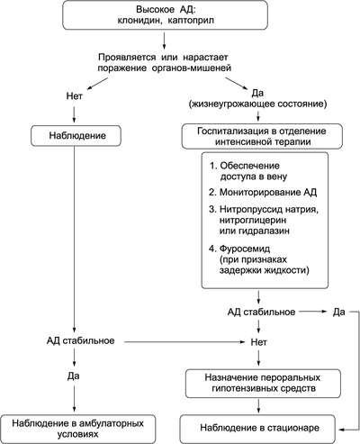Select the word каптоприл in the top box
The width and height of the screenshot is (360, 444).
(191, 21)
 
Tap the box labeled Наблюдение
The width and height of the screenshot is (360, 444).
(76, 135)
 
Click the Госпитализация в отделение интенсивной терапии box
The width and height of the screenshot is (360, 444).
(262, 136)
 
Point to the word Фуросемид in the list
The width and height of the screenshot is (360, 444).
(245, 249)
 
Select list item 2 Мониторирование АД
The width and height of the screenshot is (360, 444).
(263, 192)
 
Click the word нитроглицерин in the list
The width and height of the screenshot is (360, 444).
(253, 220)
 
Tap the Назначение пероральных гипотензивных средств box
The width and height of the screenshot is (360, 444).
(263, 384)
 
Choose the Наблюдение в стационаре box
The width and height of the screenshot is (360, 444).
(257, 428)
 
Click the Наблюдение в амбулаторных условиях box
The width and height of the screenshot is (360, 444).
(77, 429)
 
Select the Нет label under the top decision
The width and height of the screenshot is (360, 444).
(74, 96)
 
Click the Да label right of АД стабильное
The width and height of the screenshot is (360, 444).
(338, 313)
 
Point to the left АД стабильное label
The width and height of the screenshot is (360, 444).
(80, 340)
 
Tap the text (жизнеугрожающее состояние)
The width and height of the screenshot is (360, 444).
(257, 104)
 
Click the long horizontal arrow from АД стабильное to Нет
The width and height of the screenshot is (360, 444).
(184, 341)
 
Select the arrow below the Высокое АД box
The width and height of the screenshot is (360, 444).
(164, 41)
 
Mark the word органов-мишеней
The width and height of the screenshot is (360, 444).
(192, 68)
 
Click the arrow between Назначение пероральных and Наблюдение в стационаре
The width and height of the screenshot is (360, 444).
(258, 406)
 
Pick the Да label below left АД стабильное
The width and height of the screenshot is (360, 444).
(73, 376)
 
